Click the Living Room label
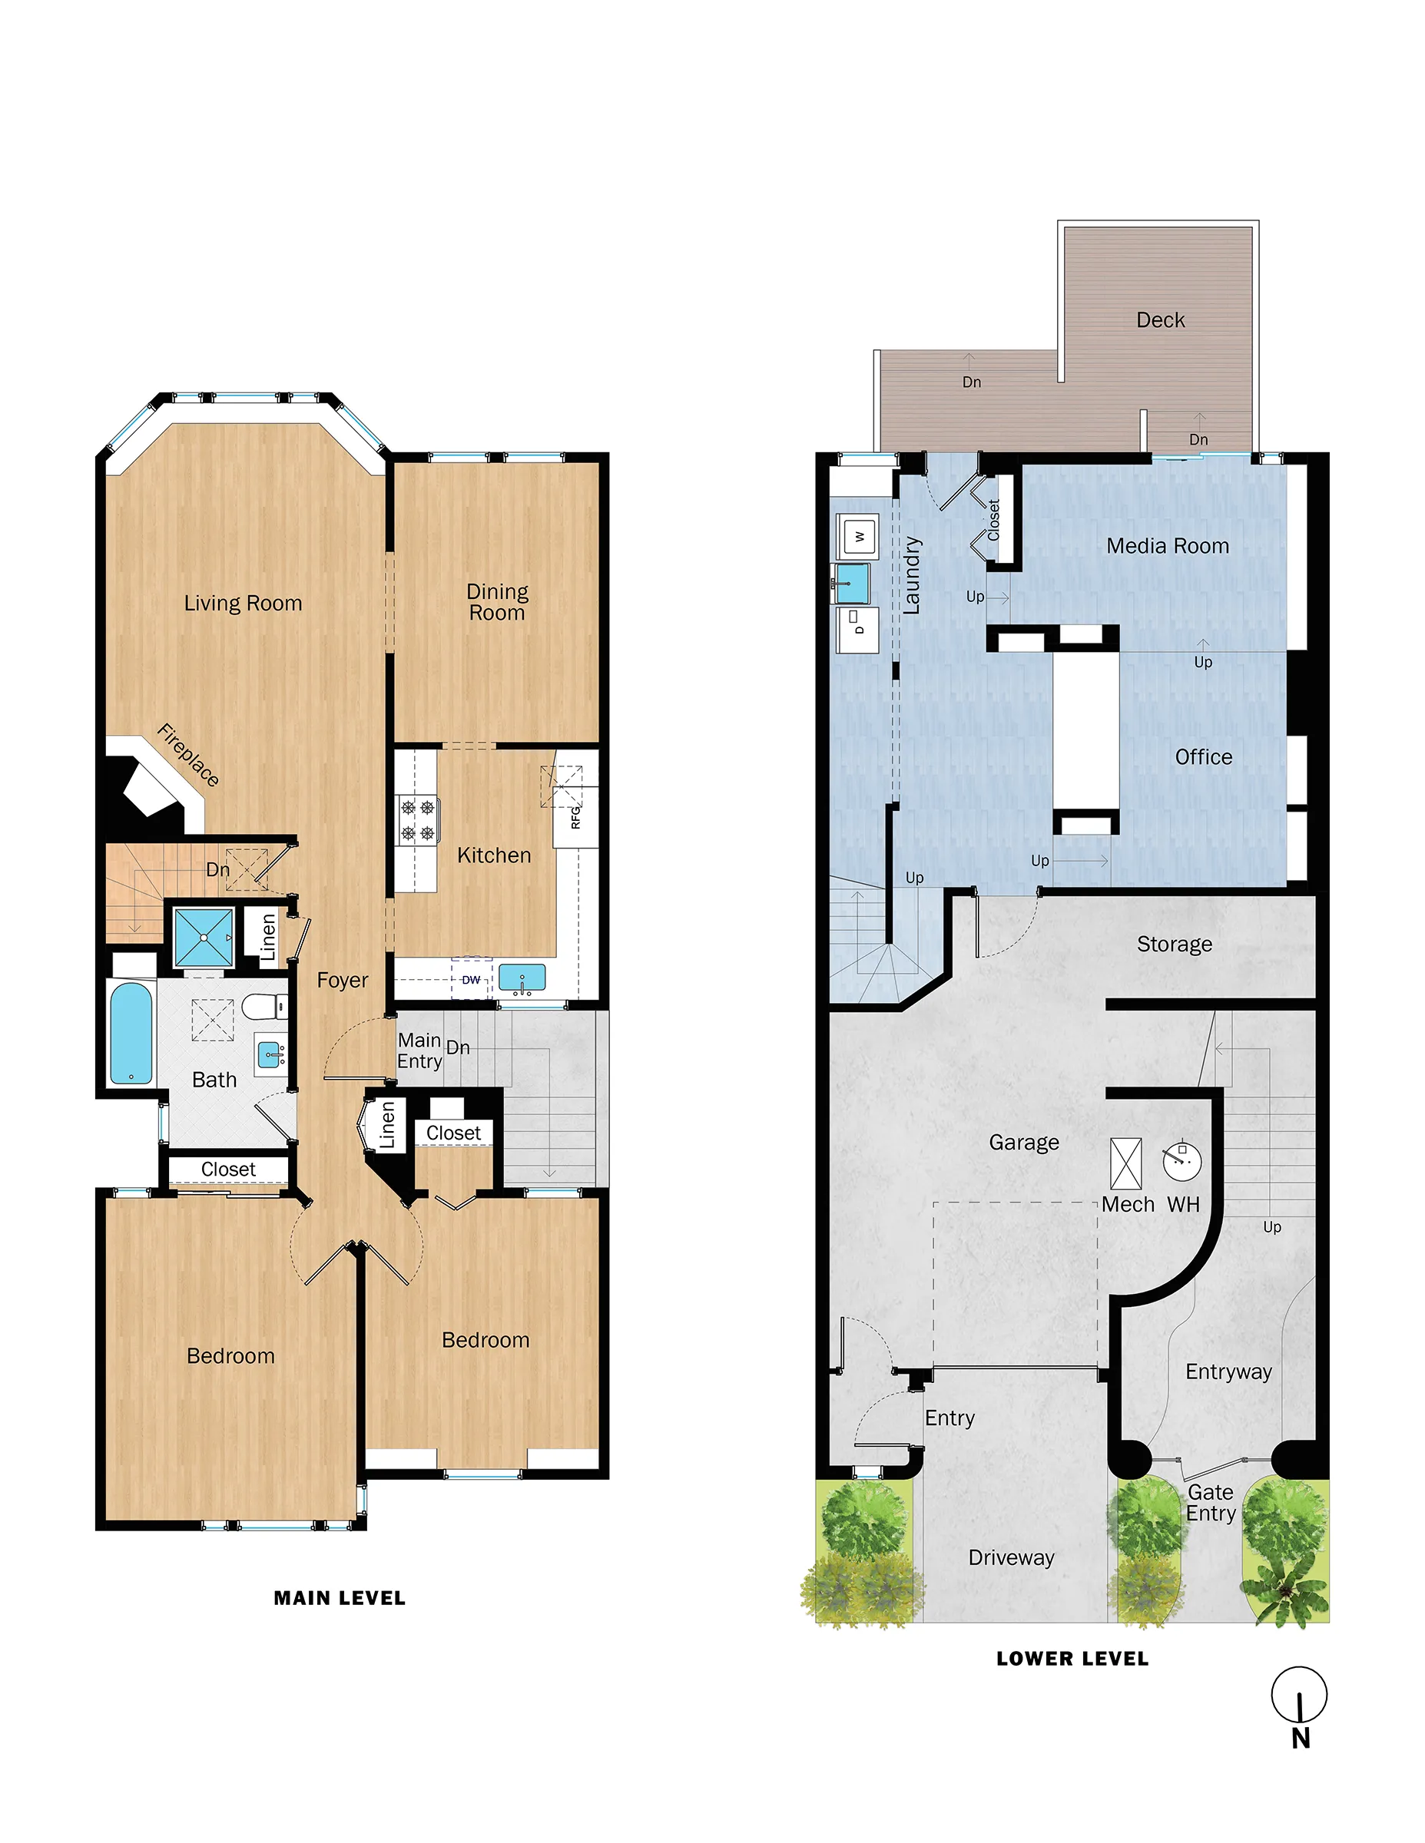242,604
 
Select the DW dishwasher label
471,980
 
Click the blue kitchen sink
522,978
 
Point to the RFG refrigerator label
575,816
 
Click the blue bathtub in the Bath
131,1032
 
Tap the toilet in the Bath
265,1007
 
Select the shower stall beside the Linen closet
204,937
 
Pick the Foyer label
342,980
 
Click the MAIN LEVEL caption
340,1598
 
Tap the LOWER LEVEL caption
1072,1659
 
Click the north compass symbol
1299,1696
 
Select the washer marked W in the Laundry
860,537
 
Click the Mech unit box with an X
1125,1163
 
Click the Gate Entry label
1211,1503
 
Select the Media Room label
1168,546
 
